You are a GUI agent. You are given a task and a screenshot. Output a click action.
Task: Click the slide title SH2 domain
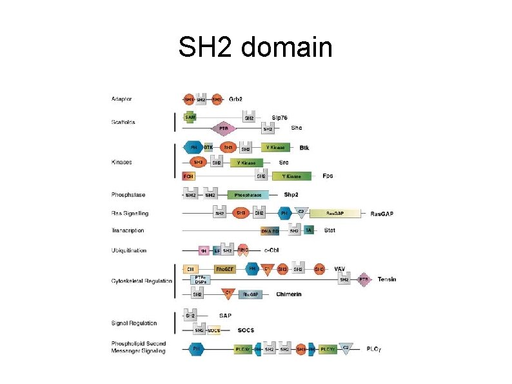[x=255, y=47]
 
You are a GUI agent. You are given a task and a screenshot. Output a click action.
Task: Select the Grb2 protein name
[x=236, y=99]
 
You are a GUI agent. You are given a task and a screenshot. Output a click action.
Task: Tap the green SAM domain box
[x=190, y=117]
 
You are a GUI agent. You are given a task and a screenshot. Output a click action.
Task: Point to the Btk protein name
[x=304, y=148]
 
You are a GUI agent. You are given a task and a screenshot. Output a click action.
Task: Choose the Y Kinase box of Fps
[x=292, y=176]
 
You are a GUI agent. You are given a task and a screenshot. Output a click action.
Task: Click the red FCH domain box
[x=189, y=176]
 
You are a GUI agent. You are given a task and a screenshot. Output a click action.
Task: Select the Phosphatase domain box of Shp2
[x=248, y=195]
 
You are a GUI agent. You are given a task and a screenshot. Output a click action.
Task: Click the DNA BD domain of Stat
[x=270, y=231]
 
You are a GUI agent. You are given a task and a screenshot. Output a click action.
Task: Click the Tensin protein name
[x=387, y=279]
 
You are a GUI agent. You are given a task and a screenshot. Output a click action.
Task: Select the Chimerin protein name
[x=288, y=294]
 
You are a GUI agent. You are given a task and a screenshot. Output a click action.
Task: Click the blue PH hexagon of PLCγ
[x=196, y=349]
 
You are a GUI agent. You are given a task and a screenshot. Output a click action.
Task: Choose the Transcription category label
[x=128, y=230]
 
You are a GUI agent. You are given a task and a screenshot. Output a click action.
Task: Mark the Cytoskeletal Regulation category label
[x=142, y=281]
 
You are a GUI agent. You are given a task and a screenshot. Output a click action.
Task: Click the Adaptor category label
[x=122, y=99]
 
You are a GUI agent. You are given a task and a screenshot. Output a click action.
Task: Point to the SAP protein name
[x=226, y=316]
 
